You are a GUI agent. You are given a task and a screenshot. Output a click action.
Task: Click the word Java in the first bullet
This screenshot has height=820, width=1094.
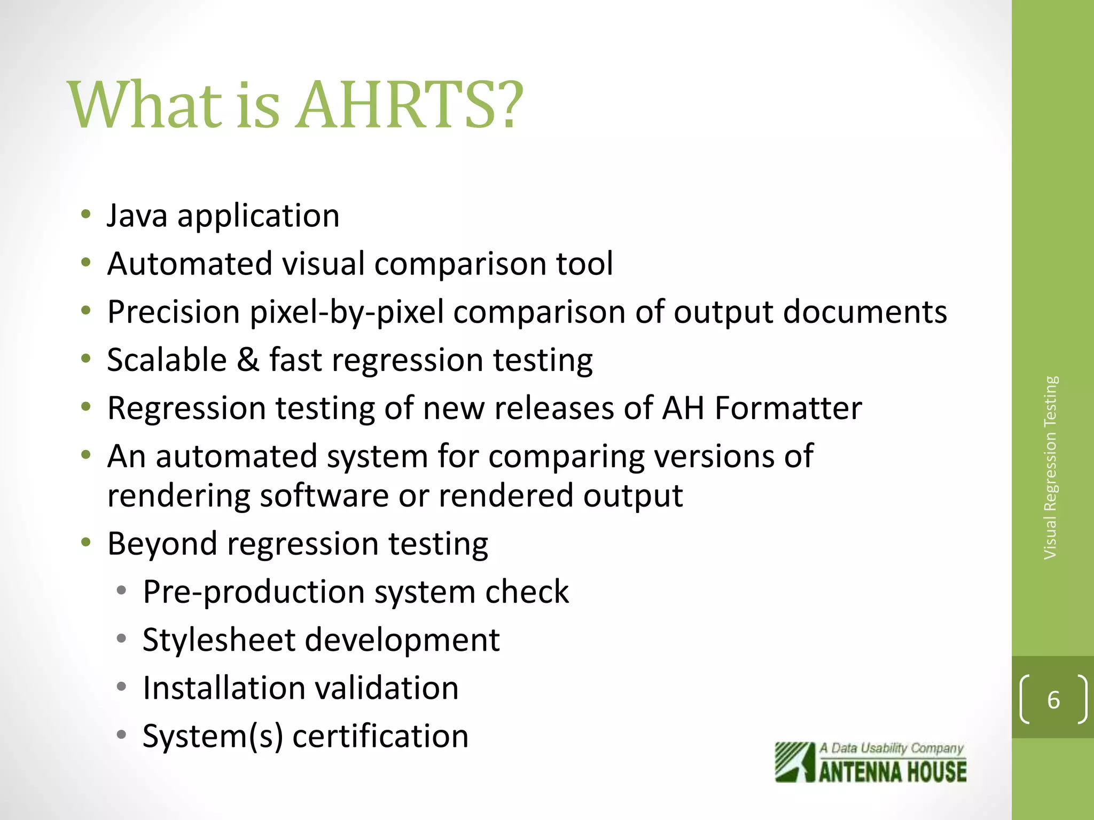pyautogui.click(x=137, y=216)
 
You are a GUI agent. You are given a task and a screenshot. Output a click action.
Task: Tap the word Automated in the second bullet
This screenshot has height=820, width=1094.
pyautogui.click(x=190, y=264)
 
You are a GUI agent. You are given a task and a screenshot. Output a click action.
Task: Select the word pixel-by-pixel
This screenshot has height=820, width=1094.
pyautogui.click(x=347, y=312)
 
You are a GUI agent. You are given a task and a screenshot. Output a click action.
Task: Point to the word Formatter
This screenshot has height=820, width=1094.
pyautogui.click(x=788, y=408)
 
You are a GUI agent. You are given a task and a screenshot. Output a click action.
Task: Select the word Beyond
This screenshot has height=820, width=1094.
pyautogui.click(x=162, y=544)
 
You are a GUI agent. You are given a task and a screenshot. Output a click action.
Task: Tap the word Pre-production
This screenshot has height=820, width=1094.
pyautogui.click(x=251, y=592)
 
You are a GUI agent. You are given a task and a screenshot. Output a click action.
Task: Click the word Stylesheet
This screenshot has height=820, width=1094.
pyautogui.click(x=218, y=640)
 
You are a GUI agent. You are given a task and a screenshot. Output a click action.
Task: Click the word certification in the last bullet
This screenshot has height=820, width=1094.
pyautogui.click(x=380, y=736)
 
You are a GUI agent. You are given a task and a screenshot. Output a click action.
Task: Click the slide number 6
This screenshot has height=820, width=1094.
pyautogui.click(x=1053, y=700)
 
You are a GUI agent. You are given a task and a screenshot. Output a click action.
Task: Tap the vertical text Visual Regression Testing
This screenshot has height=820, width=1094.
pyautogui.click(x=1050, y=468)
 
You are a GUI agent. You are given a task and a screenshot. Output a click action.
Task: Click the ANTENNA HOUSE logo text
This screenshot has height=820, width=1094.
pyautogui.click(x=892, y=772)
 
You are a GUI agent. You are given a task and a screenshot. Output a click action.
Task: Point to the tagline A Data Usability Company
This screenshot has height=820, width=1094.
pyautogui.click(x=891, y=748)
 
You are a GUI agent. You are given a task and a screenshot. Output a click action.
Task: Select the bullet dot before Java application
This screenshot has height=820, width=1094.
pyautogui.click(x=85, y=215)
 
